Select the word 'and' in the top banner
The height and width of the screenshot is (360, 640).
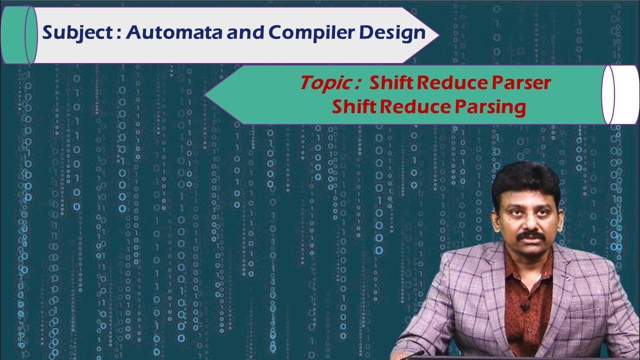point(242,34)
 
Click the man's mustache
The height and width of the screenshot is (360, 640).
point(530,235)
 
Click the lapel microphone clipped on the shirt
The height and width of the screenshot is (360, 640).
point(524,306)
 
